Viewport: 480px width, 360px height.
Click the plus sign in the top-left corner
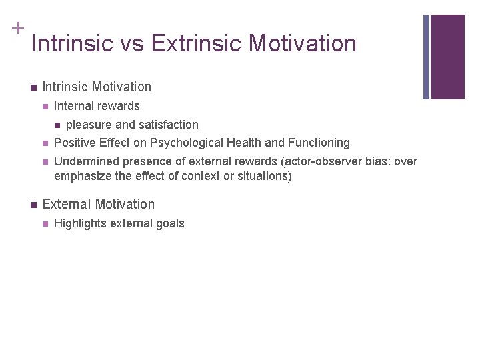pos(17,28)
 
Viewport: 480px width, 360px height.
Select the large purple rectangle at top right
pos(447,57)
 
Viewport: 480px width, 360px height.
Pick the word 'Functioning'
pos(319,143)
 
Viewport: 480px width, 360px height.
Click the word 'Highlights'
pos(78,223)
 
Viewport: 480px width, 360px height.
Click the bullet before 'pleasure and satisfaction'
pos(57,125)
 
